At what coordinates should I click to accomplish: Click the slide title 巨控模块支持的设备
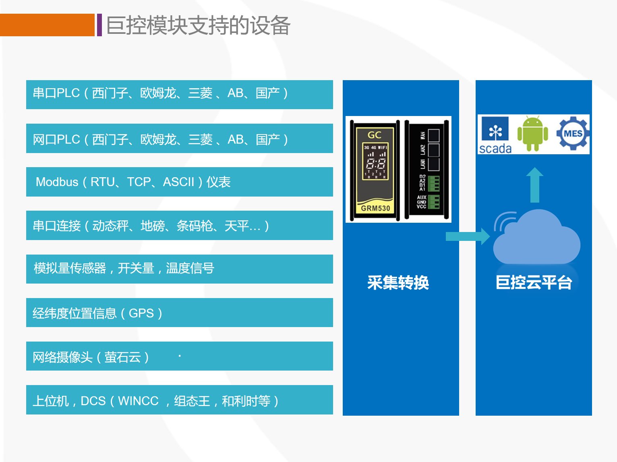198,25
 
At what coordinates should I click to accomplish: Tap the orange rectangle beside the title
47,25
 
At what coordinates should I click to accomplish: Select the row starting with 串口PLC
179,94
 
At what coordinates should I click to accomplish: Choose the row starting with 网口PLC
179,139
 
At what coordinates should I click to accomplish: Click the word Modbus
57,182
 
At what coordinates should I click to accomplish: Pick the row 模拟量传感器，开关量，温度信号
179,269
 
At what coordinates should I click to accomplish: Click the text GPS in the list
141,313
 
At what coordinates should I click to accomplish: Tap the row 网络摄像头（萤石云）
179,356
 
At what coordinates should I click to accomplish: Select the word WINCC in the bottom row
138,401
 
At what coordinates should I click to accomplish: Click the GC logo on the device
375,135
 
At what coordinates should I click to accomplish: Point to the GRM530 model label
375,208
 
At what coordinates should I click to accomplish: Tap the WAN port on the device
433,135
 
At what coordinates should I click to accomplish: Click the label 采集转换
398,282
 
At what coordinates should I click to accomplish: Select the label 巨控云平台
534,282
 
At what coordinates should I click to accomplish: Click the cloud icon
537,240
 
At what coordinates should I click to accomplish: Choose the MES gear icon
573,133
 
